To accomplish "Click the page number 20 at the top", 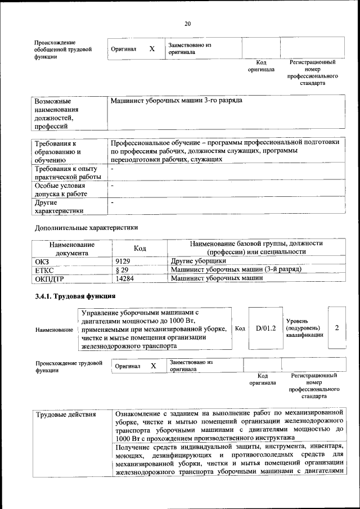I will click(187, 23).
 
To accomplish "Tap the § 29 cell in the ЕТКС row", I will click(122, 269).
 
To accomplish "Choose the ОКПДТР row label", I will click(49, 278).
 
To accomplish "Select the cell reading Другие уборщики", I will click(199, 261).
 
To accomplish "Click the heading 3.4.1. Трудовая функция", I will click(75, 296).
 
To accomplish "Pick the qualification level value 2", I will click(336, 328).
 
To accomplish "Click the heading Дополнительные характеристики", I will click(86, 228).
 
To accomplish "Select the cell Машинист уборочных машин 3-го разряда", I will click(177, 100).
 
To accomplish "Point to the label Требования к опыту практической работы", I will click(66, 172).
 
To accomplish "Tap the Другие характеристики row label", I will click(59, 206).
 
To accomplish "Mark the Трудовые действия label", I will click(66, 415).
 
